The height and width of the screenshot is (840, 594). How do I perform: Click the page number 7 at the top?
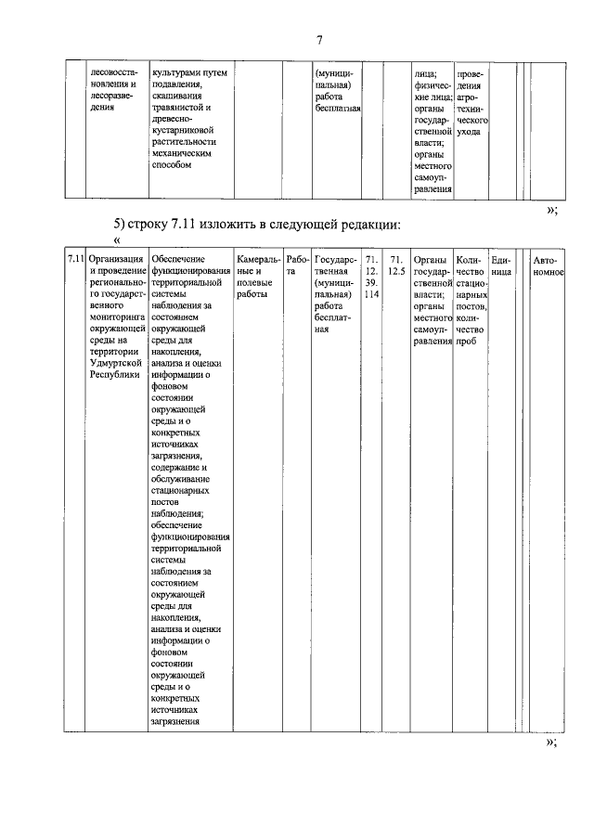(x=318, y=39)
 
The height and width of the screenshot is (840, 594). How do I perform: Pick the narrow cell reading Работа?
(x=297, y=265)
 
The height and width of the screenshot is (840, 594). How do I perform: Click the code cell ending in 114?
(x=371, y=276)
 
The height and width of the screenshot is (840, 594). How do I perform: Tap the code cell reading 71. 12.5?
(x=397, y=265)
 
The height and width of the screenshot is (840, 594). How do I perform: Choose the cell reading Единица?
(x=501, y=265)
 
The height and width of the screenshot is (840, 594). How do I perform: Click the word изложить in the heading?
(x=228, y=224)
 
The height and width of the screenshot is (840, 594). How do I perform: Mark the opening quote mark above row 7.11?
(x=117, y=242)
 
